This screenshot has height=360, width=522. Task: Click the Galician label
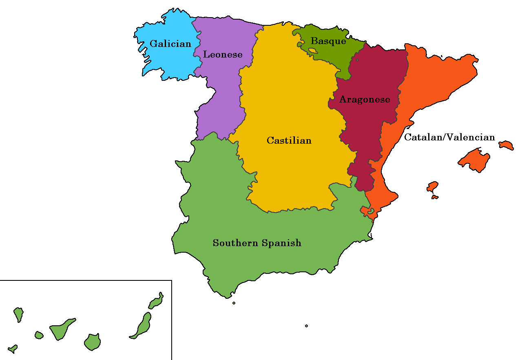coord(170,44)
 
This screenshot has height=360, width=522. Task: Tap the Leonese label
coord(223,54)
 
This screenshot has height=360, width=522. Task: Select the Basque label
coord(328,41)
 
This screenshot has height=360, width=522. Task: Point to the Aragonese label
coord(365,100)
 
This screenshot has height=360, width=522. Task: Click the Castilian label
coord(289,140)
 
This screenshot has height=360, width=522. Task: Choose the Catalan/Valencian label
coord(449,138)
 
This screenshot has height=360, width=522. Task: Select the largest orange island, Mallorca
coord(474,160)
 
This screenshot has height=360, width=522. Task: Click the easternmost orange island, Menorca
coord(506,145)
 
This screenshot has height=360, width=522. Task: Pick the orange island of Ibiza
coord(432,187)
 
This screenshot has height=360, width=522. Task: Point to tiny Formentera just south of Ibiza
coord(435,197)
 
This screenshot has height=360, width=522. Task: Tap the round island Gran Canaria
coord(93,342)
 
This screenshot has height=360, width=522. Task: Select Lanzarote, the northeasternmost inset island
coord(156,301)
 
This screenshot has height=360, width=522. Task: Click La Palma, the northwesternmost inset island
coord(18,314)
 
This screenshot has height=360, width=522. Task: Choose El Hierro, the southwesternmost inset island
coord(13,349)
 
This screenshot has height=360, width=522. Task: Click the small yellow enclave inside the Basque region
coord(313,51)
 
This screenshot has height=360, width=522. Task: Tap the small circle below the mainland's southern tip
coord(234,303)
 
